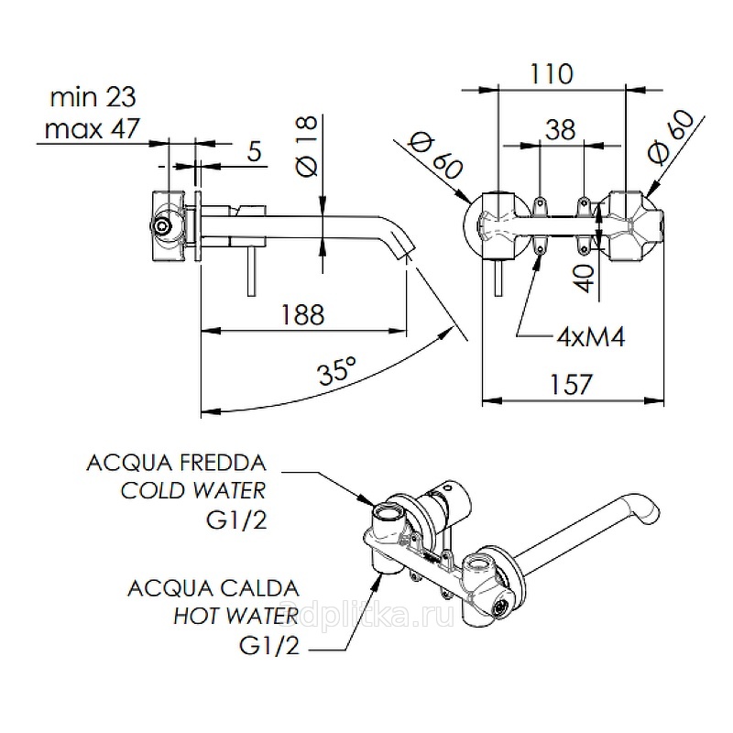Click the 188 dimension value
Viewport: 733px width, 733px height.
coord(301,314)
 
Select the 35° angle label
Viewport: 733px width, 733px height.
coord(337,371)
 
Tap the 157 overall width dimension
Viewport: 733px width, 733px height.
coord(573,383)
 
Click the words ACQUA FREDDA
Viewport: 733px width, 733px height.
coord(176,460)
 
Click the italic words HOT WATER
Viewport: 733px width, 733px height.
coord(235,615)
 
